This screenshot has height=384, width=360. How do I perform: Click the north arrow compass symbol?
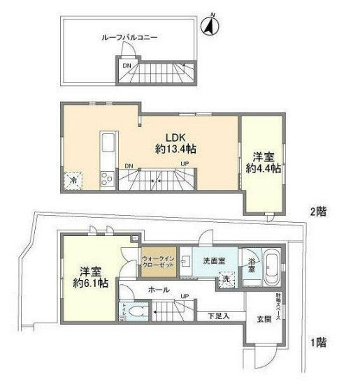[x=209, y=27]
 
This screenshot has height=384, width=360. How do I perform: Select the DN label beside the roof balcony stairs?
[x=127, y=66]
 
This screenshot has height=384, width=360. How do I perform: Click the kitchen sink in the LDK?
[x=109, y=145]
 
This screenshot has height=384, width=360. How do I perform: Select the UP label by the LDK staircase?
[x=185, y=165]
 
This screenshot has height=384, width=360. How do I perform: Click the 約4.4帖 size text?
[x=263, y=168]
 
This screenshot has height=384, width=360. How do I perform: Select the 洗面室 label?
[x=213, y=260]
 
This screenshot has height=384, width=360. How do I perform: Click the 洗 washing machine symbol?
[x=226, y=279]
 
